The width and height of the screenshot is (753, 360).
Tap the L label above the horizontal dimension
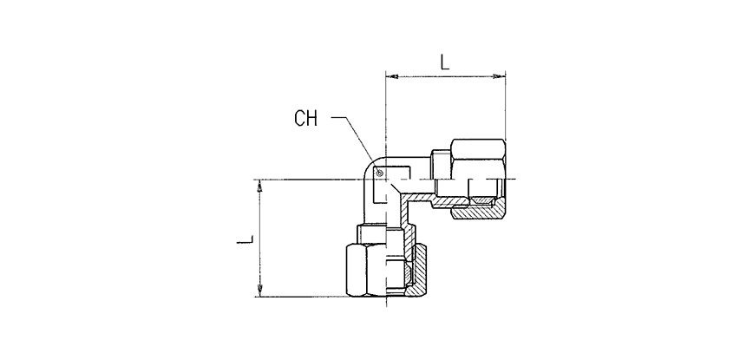[x=443, y=62]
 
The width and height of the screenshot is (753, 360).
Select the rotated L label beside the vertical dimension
[x=245, y=238]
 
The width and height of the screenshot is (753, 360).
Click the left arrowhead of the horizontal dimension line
[x=390, y=77]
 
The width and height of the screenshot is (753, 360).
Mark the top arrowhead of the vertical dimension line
[x=259, y=186]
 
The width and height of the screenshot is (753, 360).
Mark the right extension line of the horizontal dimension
[x=505, y=113]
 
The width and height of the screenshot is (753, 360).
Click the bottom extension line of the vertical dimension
[x=304, y=298]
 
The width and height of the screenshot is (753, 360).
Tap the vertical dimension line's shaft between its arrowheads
[x=259, y=239]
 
